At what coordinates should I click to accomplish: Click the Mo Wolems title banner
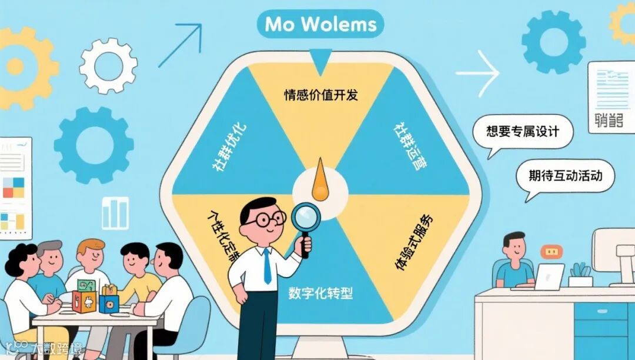(320, 25)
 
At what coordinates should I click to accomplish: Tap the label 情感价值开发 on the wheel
(320, 94)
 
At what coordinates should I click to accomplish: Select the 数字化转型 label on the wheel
(320, 292)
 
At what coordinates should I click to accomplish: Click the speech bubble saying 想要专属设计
(523, 132)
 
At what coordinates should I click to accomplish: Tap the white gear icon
(108, 65)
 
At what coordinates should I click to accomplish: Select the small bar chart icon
(115, 212)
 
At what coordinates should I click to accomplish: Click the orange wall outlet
(551, 252)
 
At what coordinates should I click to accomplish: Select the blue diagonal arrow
(179, 44)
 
